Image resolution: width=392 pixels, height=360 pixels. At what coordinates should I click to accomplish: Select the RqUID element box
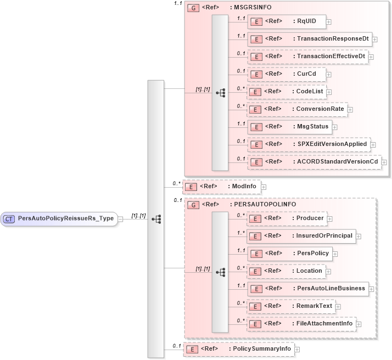coord(286,22)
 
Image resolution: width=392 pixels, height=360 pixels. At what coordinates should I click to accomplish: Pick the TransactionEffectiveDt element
coord(307,57)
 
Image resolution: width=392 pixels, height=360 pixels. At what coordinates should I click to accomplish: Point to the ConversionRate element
coord(297,109)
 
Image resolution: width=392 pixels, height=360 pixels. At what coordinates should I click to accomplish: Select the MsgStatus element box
coord(289,127)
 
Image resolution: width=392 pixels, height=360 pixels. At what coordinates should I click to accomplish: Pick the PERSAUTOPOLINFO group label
coord(242,205)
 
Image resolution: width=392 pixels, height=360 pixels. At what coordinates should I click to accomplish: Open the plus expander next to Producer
coord(330,219)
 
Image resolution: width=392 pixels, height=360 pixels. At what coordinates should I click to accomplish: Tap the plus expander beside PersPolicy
coord(335,254)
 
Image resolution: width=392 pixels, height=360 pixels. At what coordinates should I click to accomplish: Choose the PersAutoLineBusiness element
coord(307,289)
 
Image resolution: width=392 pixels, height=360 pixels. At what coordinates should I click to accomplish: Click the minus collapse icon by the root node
coord(120,219)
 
